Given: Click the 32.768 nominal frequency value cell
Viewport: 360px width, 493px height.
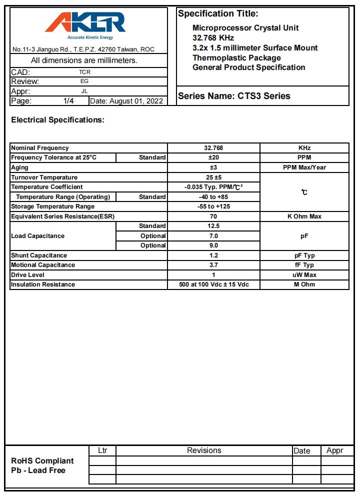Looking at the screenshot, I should pyautogui.click(x=213, y=148).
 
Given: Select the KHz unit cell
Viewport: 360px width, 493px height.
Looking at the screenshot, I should pyautogui.click(x=304, y=148).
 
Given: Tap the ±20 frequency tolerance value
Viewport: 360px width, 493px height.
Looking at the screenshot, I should pyautogui.click(x=213, y=157).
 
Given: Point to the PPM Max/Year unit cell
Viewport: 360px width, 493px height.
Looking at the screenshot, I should pyautogui.click(x=304, y=167).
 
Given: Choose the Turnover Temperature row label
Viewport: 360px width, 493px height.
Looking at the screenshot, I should pyautogui.click(x=44, y=177).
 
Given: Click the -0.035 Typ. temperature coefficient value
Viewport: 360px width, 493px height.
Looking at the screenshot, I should pyautogui.click(x=213, y=187).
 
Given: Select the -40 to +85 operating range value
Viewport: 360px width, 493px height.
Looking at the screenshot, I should pyautogui.click(x=213, y=197).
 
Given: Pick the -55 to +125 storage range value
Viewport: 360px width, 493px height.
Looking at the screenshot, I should pyautogui.click(x=213, y=206).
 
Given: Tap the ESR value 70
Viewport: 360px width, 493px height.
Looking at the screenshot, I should pyautogui.click(x=213, y=216).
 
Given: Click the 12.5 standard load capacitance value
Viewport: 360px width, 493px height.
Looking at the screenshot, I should pyautogui.click(x=213, y=226).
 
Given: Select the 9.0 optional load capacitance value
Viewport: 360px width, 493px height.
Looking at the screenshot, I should pyautogui.click(x=213, y=245).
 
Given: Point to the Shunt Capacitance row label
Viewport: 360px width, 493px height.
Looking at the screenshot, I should pyautogui.click(x=39, y=255).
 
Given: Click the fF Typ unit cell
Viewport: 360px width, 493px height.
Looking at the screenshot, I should pyautogui.click(x=304, y=265).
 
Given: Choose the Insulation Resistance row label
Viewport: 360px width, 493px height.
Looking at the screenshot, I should pyautogui.click(x=43, y=284).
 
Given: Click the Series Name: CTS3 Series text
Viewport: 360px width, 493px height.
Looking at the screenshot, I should pyautogui.click(x=234, y=96).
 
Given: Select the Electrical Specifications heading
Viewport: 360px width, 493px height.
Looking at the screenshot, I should pyautogui.click(x=58, y=120).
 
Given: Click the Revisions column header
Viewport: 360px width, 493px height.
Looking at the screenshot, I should pyautogui.click(x=204, y=450).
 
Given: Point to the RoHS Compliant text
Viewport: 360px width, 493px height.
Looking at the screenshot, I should pyautogui.click(x=42, y=461).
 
